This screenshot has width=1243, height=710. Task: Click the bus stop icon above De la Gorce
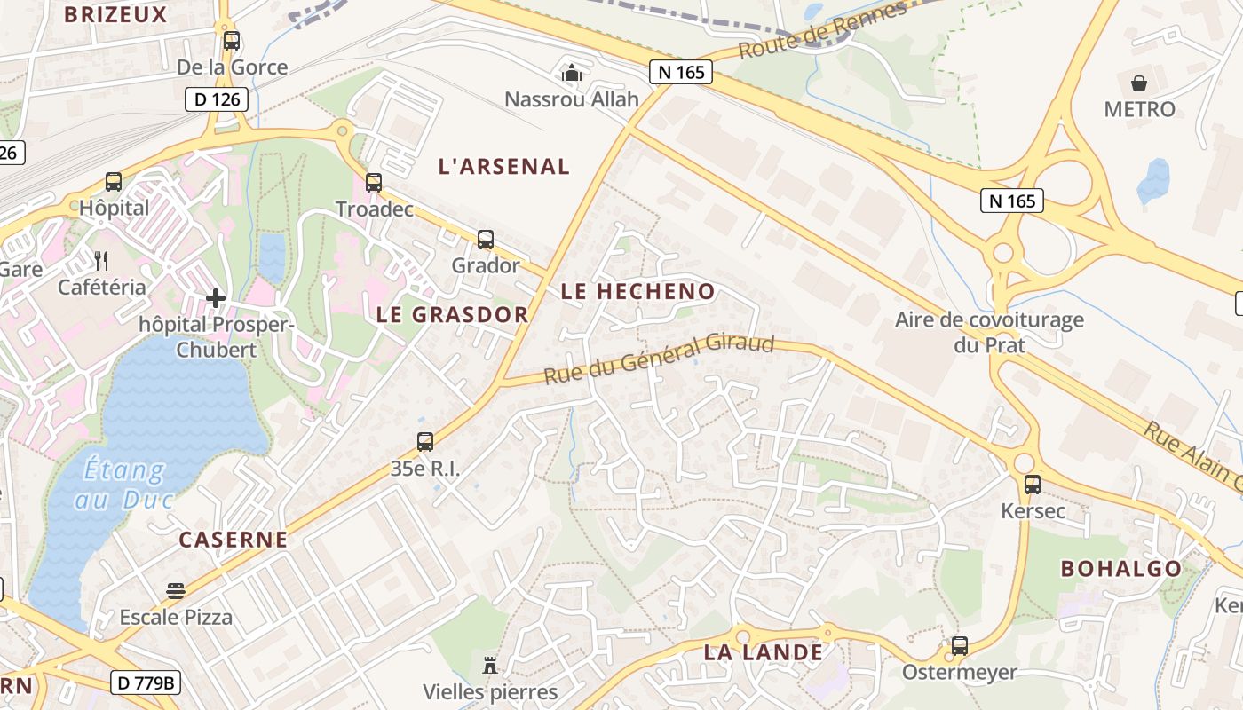click(x=232, y=41)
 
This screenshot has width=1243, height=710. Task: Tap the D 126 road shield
click(x=217, y=99)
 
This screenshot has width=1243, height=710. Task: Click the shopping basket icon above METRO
click(x=1139, y=84)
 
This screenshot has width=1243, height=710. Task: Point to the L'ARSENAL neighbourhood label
click(x=504, y=166)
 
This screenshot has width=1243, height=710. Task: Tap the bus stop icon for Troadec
click(x=374, y=183)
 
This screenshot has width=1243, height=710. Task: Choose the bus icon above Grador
click(x=485, y=239)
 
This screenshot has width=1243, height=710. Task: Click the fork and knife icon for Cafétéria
click(x=101, y=261)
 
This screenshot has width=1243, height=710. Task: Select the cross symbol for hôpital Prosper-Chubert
click(x=215, y=298)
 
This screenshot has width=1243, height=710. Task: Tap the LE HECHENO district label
click(x=637, y=291)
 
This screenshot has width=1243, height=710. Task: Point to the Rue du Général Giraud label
click(x=659, y=359)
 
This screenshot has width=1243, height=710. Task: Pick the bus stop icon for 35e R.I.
click(x=425, y=442)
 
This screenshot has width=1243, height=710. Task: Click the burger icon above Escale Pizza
click(x=176, y=591)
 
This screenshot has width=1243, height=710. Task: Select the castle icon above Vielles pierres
click(x=489, y=665)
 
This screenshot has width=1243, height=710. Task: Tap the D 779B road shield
click(x=146, y=682)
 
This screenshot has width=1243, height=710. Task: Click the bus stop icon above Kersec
click(x=1033, y=485)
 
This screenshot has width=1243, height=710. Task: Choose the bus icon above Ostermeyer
click(x=959, y=646)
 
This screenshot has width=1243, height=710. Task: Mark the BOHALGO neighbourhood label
click(x=1121, y=569)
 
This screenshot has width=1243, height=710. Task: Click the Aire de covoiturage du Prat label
click(x=989, y=332)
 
